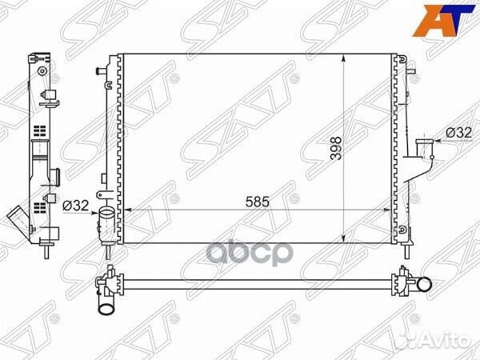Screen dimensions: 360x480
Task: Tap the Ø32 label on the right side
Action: coord(458,132)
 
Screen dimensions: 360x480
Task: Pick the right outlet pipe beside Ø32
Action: coord(422,150)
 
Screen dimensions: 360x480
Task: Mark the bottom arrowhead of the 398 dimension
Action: coord(343,236)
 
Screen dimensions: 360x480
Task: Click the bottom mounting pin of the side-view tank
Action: coord(47,250)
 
